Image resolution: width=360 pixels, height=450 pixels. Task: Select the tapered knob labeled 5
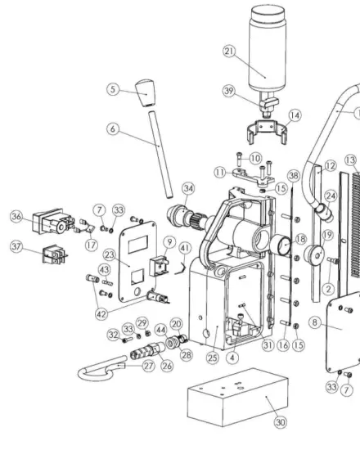tap(146, 92)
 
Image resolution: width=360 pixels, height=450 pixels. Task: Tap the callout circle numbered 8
tap(317, 322)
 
